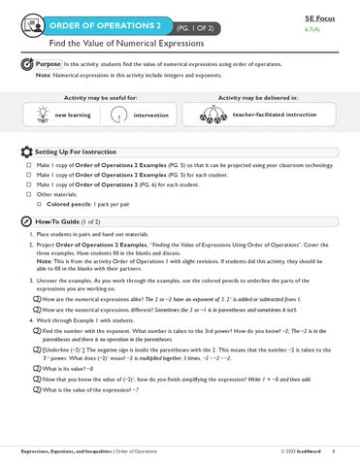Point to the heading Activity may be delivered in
point(259,98)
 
